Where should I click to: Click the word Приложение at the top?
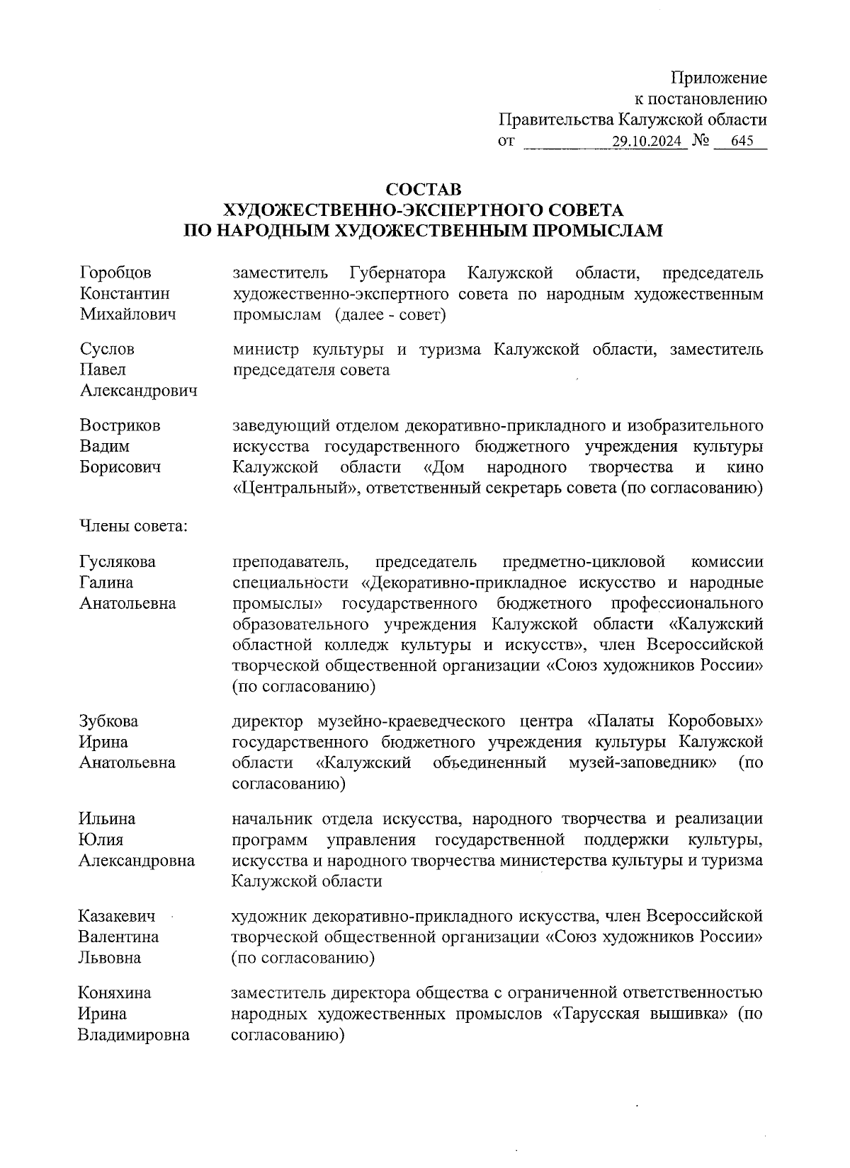tap(719, 78)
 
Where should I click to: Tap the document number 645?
tap(742, 141)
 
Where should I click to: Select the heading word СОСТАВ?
tap(423, 190)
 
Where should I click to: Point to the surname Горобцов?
tap(115, 273)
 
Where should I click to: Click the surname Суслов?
tap(107, 349)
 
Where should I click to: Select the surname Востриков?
tap(120, 425)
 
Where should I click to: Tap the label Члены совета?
tap(132, 526)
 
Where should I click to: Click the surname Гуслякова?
tap(117, 562)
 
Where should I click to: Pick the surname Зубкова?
tap(108, 721)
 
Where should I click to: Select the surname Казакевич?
tap(117, 916)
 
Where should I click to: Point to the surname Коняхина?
tap(115, 992)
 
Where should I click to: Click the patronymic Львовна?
tap(109, 958)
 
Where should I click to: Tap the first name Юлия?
tap(100, 840)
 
